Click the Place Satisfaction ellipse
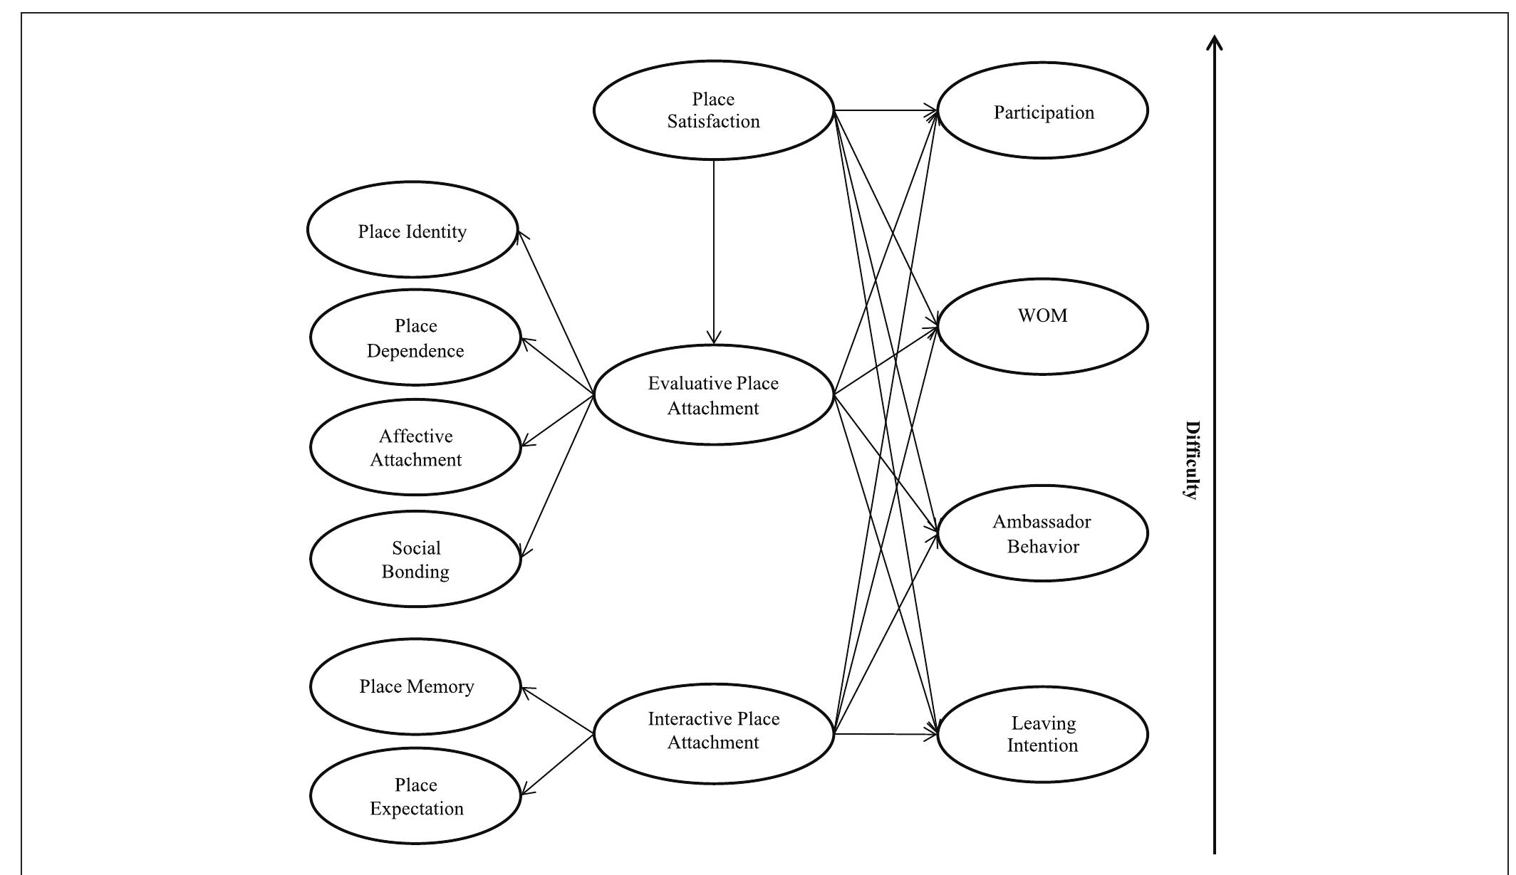(x=713, y=110)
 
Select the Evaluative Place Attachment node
(x=713, y=395)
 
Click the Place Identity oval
(x=412, y=230)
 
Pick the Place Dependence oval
(x=415, y=337)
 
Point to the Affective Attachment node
(x=415, y=447)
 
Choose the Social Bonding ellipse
(x=415, y=559)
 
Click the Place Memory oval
(x=415, y=686)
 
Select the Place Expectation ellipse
(x=415, y=796)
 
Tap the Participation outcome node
(x=1043, y=111)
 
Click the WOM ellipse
(x=1043, y=326)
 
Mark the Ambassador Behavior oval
(x=1043, y=534)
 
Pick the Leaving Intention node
(x=1043, y=734)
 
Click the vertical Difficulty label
(x=1191, y=460)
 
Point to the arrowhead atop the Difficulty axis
(x=1215, y=43)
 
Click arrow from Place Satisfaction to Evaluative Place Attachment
(x=714, y=249)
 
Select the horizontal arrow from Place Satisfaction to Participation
(x=883, y=110)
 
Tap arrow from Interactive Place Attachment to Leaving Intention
(x=883, y=734)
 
